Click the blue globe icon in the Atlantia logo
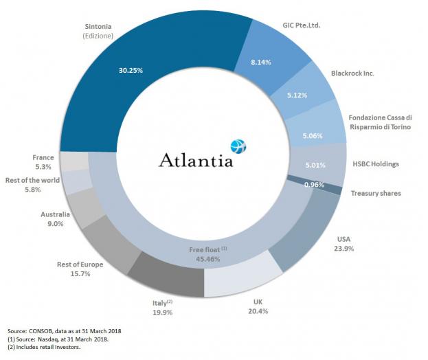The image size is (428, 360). (x=238, y=146)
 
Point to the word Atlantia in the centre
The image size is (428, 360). (x=196, y=159)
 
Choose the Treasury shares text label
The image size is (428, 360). (x=375, y=193)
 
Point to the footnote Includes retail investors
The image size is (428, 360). (x=49, y=348)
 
